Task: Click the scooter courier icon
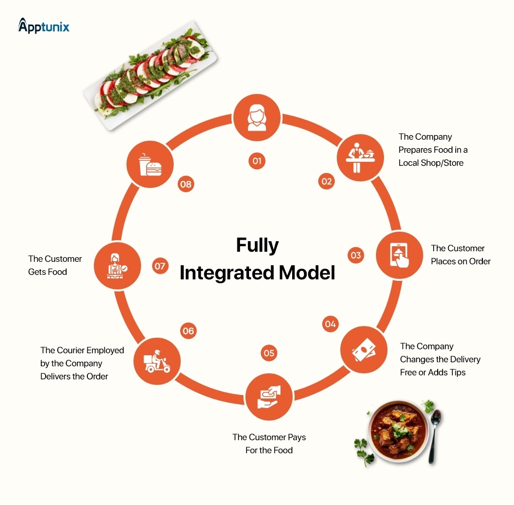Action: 157,361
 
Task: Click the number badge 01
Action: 257,161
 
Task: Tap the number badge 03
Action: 356,255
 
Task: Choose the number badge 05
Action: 269,353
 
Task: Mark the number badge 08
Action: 186,184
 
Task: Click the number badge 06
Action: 188,331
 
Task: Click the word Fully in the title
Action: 257,246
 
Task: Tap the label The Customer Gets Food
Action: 55,265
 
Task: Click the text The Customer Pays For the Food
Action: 269,444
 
